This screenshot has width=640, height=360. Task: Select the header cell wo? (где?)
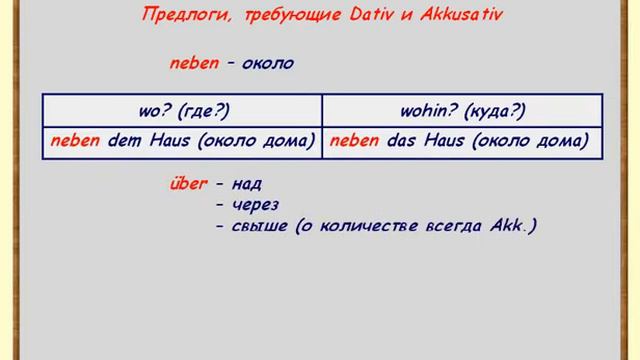(x=181, y=110)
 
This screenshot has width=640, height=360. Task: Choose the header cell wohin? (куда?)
(x=462, y=110)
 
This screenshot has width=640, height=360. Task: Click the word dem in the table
(x=120, y=142)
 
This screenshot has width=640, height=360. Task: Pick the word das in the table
(x=399, y=142)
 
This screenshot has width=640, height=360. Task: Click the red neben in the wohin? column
(x=354, y=142)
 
